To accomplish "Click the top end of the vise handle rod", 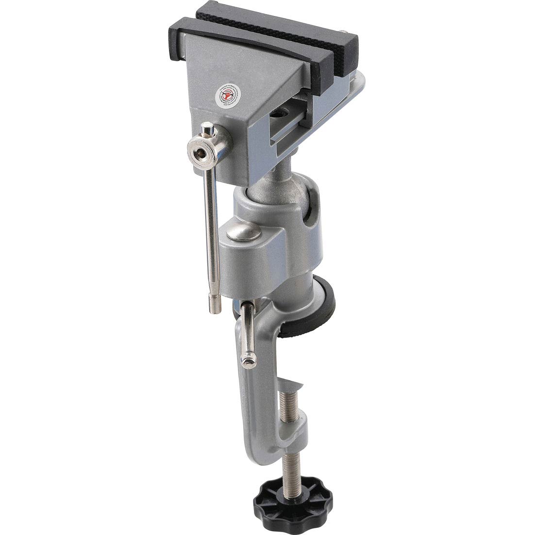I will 208,130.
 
